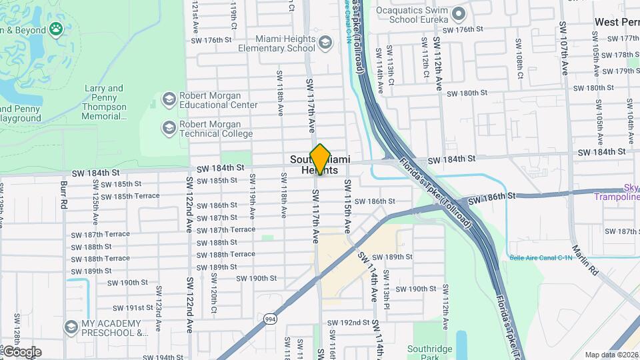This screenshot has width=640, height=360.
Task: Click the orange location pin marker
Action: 320,159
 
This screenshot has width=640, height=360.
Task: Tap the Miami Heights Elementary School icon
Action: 325,44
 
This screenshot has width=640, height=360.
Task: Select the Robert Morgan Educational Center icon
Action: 169,100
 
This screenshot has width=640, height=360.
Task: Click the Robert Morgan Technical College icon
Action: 169,127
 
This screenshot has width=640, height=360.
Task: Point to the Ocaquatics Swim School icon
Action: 458,14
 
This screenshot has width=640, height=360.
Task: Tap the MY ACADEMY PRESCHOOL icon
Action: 71,327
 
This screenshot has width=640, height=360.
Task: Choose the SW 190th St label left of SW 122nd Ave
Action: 124,283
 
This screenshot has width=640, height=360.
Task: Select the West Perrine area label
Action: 617,22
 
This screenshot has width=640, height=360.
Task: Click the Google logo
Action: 21,351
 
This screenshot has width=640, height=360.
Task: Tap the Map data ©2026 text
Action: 611,355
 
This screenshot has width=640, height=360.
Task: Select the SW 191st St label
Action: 133,308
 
